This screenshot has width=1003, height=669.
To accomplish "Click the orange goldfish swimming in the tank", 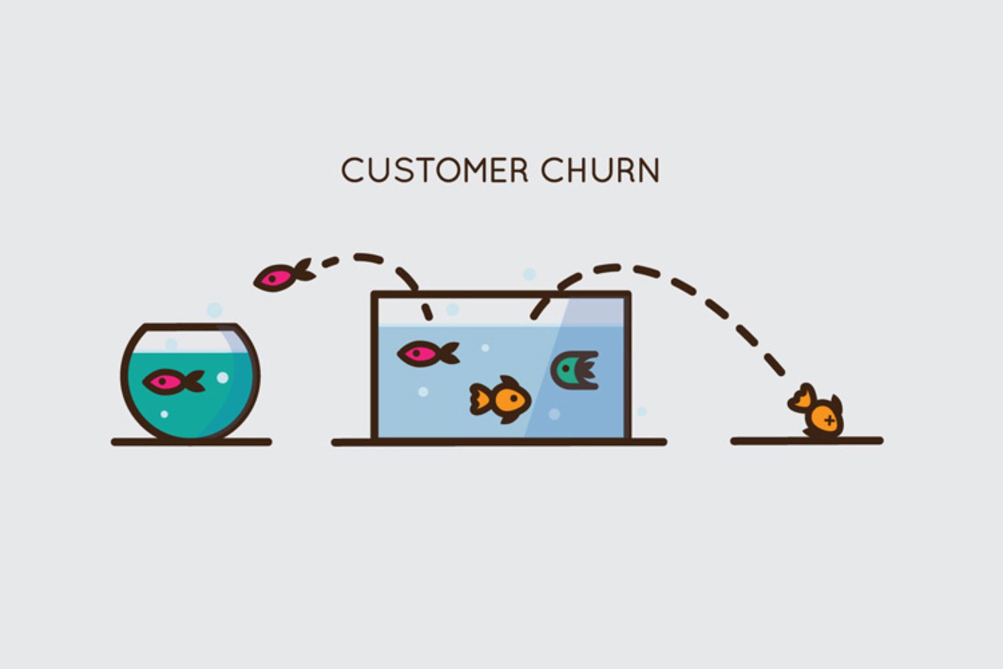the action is pyautogui.click(x=500, y=399).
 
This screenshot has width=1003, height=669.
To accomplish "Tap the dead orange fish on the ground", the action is pyautogui.click(x=816, y=410).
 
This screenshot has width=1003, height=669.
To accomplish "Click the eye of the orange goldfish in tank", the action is pyautogui.click(x=514, y=398).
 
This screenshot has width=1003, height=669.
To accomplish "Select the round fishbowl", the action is pyautogui.click(x=190, y=382).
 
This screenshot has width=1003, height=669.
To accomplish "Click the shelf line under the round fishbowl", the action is pyautogui.click(x=191, y=442).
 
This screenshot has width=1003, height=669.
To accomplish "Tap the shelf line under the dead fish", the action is pyautogui.click(x=807, y=441).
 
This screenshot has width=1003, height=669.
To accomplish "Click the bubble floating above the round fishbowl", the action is pyautogui.click(x=214, y=310).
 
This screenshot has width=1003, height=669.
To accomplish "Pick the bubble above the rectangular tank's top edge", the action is pyautogui.click(x=529, y=274).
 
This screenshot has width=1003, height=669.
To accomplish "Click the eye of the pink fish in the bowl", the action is pyautogui.click(x=162, y=381).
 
